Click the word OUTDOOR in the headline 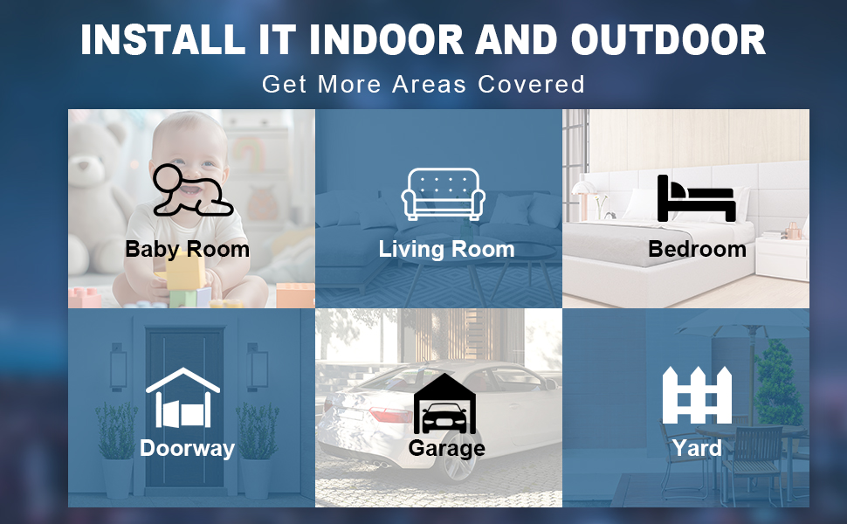(668, 39)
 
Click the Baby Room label (188, 249)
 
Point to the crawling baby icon (192, 190)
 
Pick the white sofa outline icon (443, 193)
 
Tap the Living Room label (447, 249)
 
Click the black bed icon (696, 198)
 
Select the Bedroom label (698, 249)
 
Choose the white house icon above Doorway (182, 398)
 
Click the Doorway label (188, 448)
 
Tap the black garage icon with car (444, 403)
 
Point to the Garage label (447, 448)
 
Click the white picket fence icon (697, 395)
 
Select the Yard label (697, 448)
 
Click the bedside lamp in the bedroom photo (582, 200)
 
